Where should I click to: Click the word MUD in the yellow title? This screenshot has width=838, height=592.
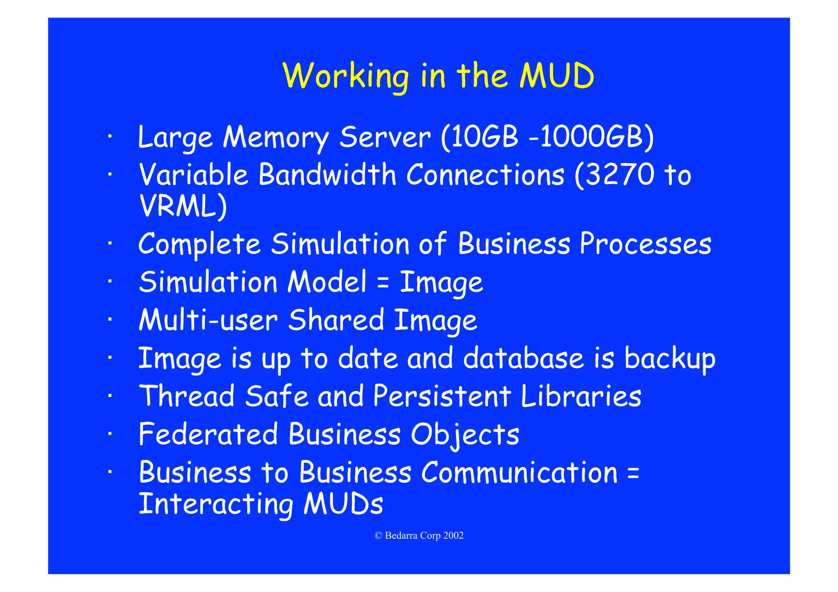[x=556, y=76]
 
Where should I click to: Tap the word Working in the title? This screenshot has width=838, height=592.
[x=346, y=77]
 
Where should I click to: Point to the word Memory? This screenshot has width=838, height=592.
[x=276, y=138]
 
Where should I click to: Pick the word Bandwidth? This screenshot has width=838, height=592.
[x=327, y=175]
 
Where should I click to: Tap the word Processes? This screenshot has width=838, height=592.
[x=645, y=244]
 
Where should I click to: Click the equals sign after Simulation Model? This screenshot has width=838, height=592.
[x=383, y=283]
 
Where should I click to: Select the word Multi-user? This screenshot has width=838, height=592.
[x=208, y=320]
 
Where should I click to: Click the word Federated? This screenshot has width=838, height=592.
[x=208, y=434]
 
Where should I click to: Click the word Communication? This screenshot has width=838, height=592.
[x=519, y=473]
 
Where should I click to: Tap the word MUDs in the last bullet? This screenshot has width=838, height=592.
[x=343, y=504]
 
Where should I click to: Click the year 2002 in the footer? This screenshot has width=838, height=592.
[x=453, y=536]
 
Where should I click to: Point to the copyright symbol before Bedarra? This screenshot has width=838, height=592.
[x=378, y=536]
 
